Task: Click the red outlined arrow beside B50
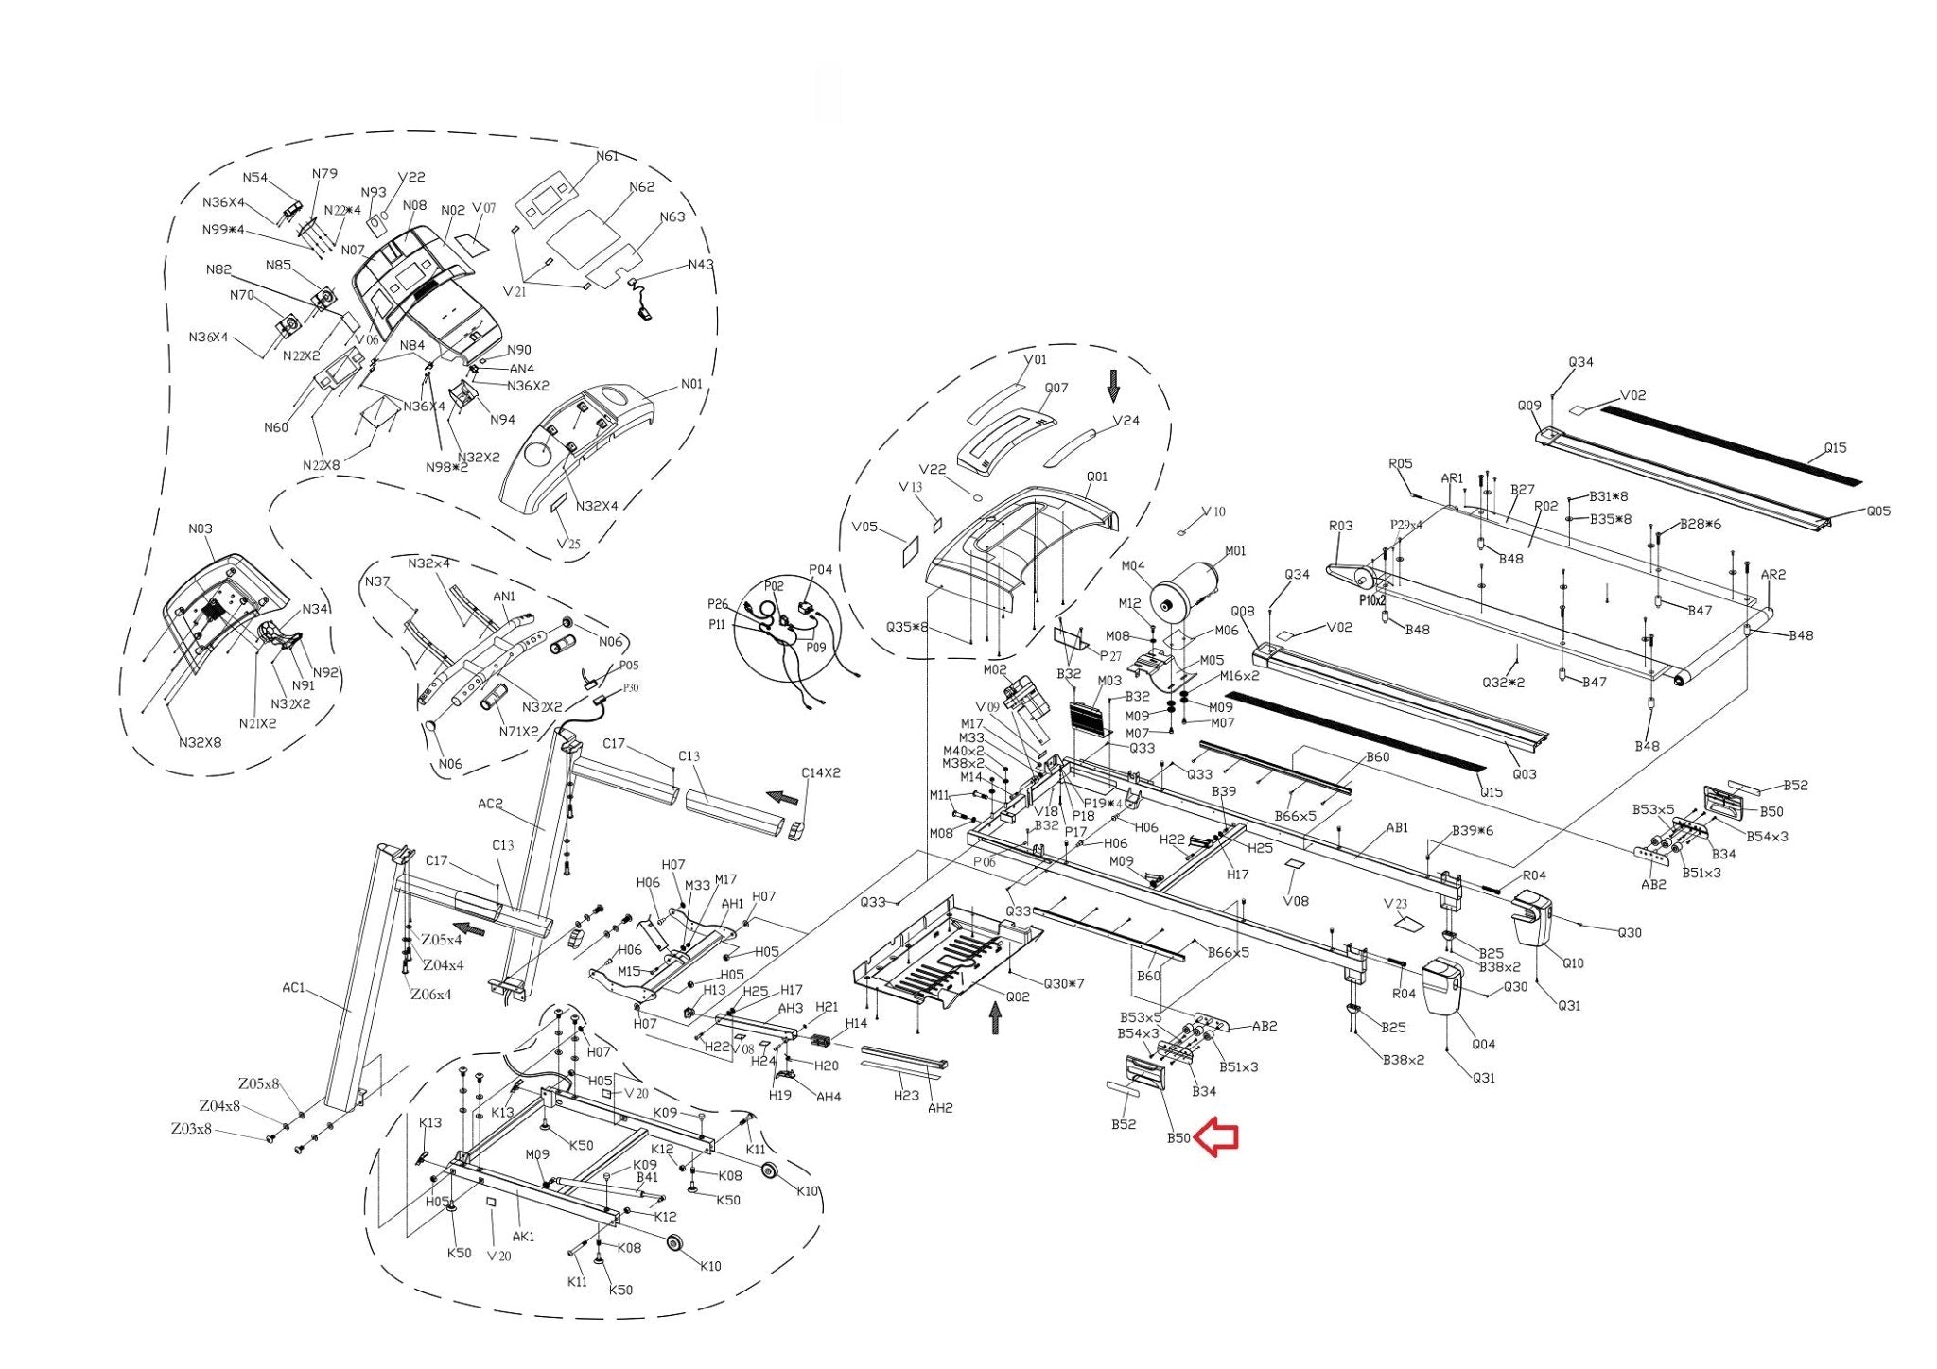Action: [x=1217, y=1138]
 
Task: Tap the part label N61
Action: [x=606, y=156]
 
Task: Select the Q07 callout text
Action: [x=1056, y=388]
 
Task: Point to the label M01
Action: [x=1235, y=551]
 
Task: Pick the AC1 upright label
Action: [x=293, y=988]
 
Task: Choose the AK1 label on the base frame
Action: [x=523, y=1236]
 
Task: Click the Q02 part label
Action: [x=1018, y=996]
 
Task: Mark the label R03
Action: [x=1340, y=526]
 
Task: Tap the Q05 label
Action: [x=1878, y=511]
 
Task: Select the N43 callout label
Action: [x=701, y=265]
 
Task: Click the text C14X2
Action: [x=820, y=772]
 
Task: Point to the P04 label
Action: [x=820, y=569]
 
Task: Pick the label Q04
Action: [x=1483, y=1044]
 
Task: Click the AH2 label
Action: [x=939, y=1107]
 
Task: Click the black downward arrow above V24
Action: [x=1113, y=386]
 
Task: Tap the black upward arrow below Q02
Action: [x=994, y=1018]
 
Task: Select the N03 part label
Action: [x=201, y=529]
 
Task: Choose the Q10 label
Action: [x=1572, y=963]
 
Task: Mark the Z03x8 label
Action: [x=191, y=1129]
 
